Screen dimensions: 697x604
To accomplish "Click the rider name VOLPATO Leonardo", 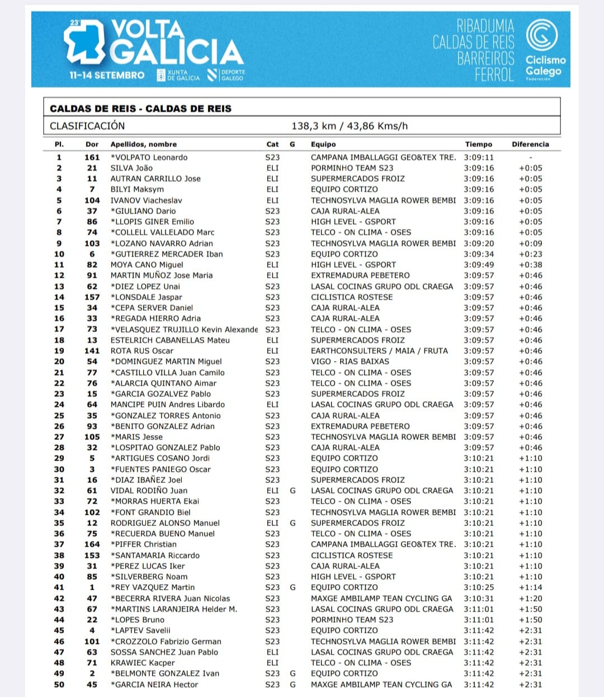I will (149, 158).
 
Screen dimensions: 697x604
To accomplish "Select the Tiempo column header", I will (478, 144).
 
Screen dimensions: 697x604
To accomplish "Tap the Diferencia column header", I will (530, 144).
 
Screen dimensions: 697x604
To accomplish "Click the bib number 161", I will (92, 158).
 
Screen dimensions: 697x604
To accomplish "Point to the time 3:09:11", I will (478, 158).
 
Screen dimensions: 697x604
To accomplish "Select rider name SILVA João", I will (131, 168).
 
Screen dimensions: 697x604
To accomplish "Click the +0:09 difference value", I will (530, 244).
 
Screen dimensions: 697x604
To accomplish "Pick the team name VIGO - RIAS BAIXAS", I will (350, 362).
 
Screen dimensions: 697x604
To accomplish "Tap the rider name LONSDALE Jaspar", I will (147, 297).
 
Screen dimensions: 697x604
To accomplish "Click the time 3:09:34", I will (478, 254).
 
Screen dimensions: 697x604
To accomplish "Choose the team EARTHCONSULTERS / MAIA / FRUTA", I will (379, 351).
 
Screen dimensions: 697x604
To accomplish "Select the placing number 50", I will (59, 685).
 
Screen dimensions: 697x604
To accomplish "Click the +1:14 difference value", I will (530, 587).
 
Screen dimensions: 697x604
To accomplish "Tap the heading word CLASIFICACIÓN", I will (87, 126).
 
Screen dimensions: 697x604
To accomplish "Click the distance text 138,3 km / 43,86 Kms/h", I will (350, 126).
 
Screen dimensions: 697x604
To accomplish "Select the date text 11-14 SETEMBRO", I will (107, 75).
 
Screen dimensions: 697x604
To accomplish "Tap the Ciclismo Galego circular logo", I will (542, 35).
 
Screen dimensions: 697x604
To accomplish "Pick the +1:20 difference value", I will (530, 599).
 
